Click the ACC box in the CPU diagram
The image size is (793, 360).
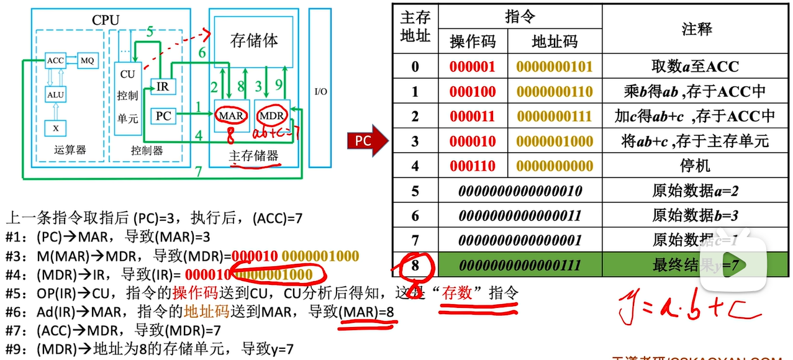[55, 60]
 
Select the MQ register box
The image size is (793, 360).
[87, 60]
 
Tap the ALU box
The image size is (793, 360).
[55, 94]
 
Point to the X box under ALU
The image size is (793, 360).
[55, 128]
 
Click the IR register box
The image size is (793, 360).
[163, 86]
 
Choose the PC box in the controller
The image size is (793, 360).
[163, 115]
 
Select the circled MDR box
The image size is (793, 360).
[271, 115]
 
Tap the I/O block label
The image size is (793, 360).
[320, 92]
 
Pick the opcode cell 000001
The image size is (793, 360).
[473, 67]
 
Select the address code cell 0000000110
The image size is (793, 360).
[555, 92]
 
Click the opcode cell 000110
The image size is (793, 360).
[473, 166]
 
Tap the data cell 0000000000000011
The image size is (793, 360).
[519, 216]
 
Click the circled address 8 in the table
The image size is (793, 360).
[415, 265]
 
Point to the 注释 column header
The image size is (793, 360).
[696, 29]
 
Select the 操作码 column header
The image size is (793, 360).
[473, 42]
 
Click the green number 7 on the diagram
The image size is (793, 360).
[198, 172]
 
